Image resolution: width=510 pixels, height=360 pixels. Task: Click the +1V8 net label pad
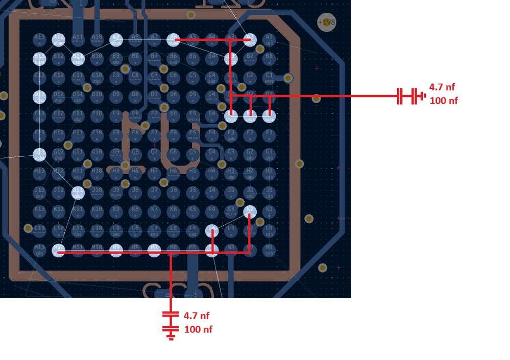(326, 22)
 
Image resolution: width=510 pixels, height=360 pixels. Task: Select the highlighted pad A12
(59, 39)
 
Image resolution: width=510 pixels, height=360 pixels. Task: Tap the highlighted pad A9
(116, 39)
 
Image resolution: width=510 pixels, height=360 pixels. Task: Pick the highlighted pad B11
(78, 59)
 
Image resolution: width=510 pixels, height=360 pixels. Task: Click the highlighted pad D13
(39, 97)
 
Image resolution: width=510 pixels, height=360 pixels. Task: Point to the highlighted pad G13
(39, 154)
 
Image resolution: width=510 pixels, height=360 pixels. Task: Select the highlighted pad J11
(78, 193)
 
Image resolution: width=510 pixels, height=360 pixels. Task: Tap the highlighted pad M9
(116, 250)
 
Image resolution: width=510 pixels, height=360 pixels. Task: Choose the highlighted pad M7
(154, 250)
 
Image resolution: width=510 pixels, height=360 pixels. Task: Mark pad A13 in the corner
(39, 39)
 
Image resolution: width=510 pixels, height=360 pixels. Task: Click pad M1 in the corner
(269, 250)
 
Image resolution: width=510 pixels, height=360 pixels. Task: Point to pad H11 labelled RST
(78, 174)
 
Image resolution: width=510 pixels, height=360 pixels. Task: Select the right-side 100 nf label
(444, 101)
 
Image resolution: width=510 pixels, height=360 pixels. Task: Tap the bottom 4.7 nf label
(197, 316)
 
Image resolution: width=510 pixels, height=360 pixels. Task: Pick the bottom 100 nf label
(198, 329)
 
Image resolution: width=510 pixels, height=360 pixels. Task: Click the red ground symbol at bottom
(171, 335)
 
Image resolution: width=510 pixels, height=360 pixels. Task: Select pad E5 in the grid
(192, 116)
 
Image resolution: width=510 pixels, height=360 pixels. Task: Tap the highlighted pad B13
(39, 59)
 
